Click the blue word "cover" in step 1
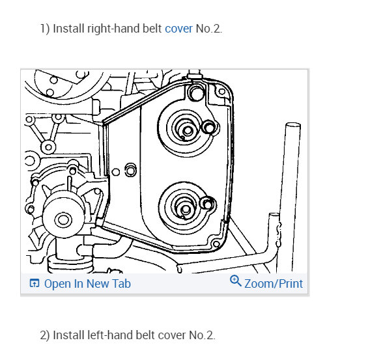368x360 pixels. coord(178,29)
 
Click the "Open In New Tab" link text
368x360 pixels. coord(87,284)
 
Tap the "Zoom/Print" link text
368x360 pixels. coord(274,284)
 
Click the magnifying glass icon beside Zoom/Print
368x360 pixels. coord(235,281)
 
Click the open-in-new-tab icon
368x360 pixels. coord(35,283)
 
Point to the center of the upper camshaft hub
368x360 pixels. coord(188,130)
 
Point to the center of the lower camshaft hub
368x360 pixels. coord(186,209)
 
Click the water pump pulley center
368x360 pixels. coord(63,220)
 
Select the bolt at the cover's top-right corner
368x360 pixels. coord(221,92)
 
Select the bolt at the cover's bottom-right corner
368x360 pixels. coord(216,244)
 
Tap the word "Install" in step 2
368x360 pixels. coord(69,335)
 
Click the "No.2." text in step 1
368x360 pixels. coord(208,29)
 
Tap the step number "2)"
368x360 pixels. coord(45,335)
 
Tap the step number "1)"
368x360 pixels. coord(45,29)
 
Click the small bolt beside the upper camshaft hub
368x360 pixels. coord(208,128)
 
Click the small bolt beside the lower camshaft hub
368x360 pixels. coord(207,204)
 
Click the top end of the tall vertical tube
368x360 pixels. coord(293,125)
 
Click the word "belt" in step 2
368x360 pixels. coord(145,335)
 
